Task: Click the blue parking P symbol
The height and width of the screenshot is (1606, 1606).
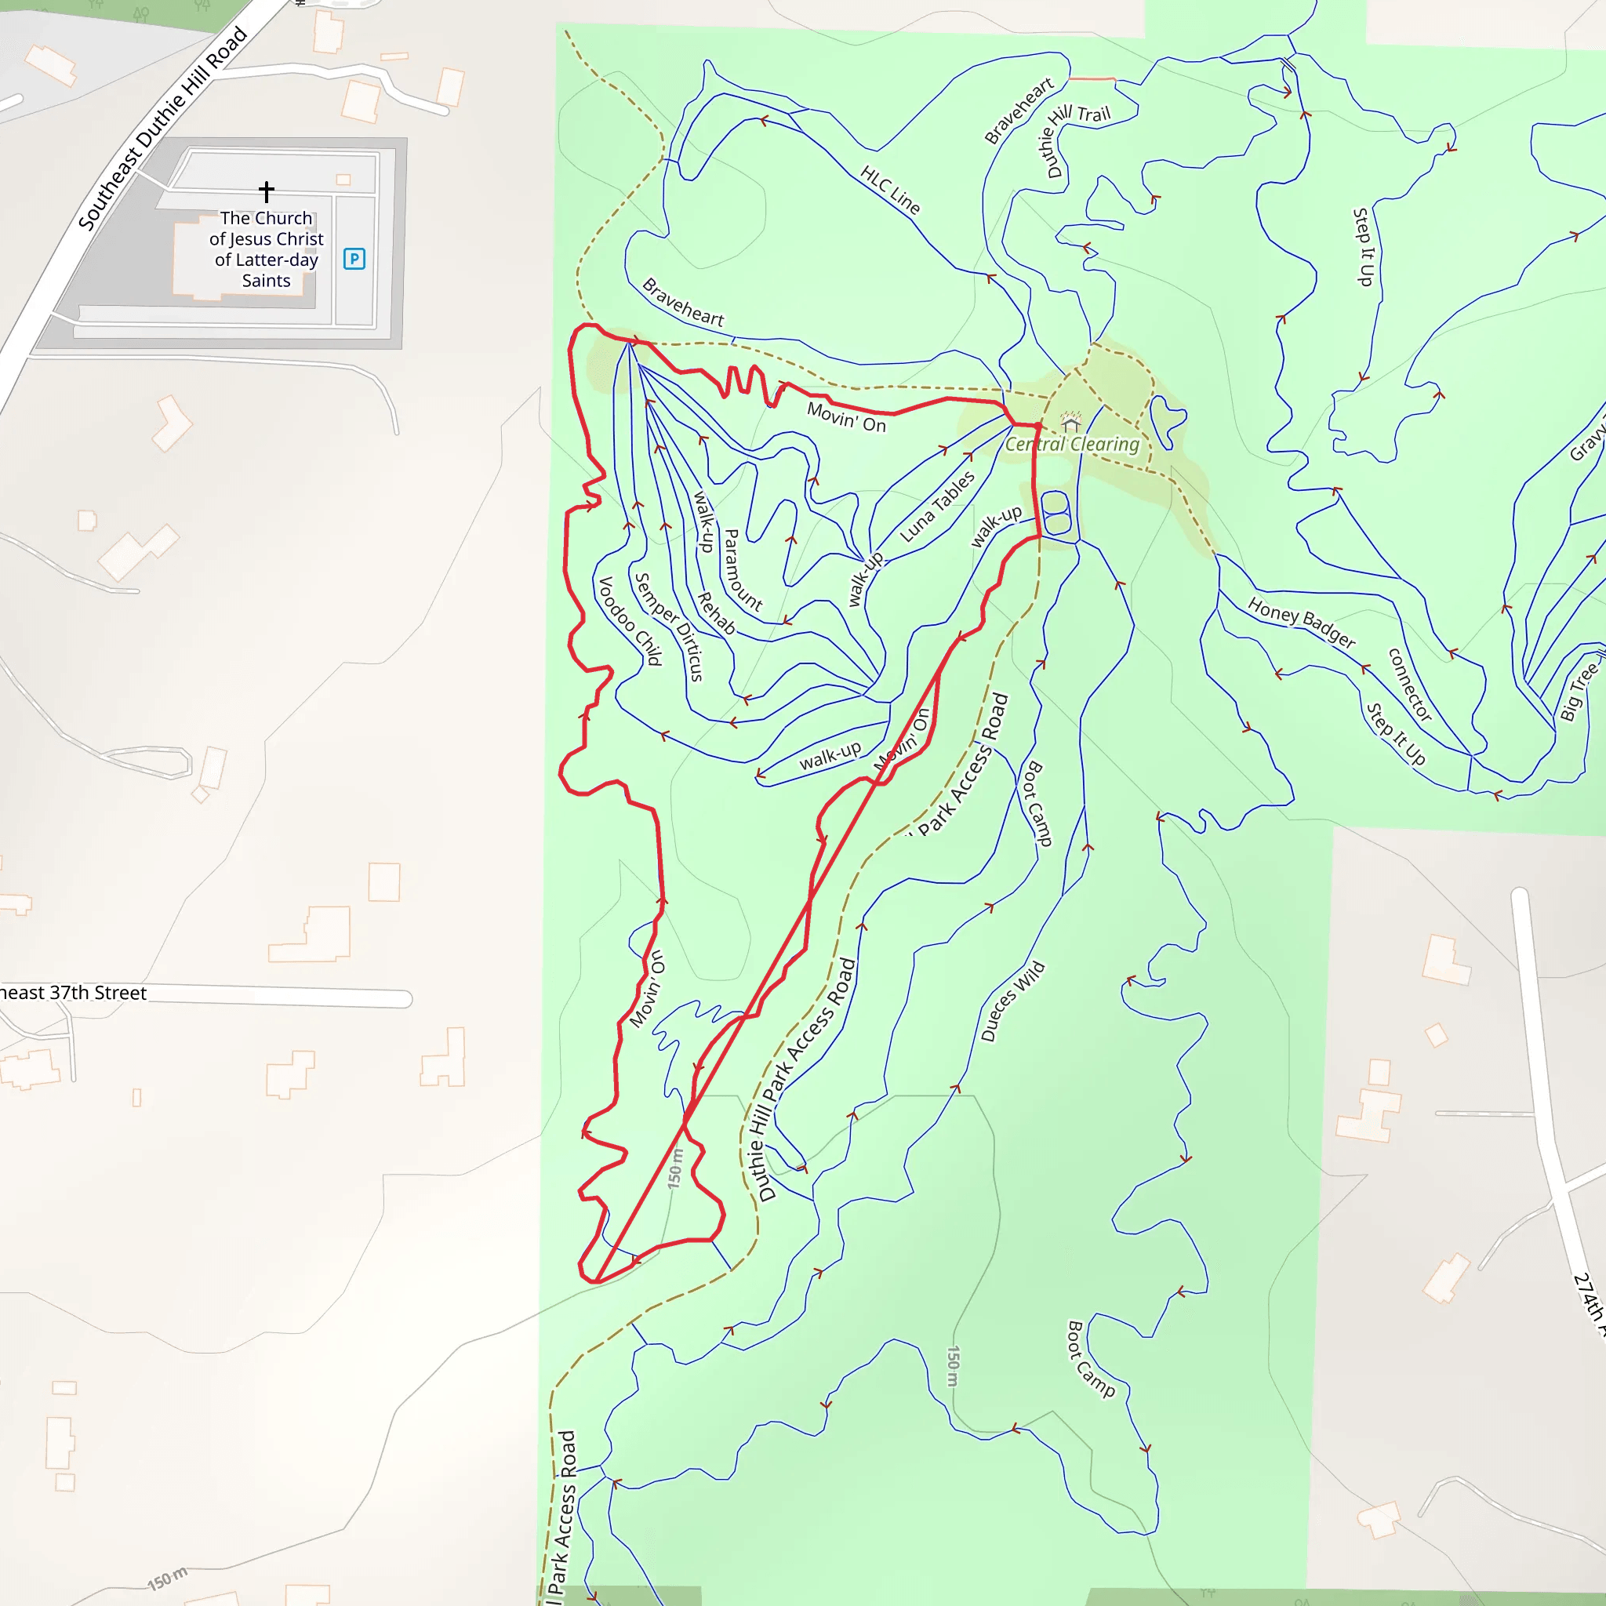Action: [x=354, y=259]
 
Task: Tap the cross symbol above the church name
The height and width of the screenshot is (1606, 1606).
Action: [x=266, y=191]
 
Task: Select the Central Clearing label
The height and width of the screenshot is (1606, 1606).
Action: [x=1071, y=444]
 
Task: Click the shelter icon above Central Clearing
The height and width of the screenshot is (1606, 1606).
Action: [x=1071, y=420]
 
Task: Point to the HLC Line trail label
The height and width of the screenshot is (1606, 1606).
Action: [x=890, y=191]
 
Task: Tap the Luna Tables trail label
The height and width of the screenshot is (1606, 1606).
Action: [x=938, y=507]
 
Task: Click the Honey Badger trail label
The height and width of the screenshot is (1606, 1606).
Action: [x=1301, y=623]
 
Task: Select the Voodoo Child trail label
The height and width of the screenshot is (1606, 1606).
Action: [x=631, y=621]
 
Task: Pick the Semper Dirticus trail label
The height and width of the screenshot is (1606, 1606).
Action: [x=669, y=626]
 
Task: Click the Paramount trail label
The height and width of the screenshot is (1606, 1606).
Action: [x=743, y=570]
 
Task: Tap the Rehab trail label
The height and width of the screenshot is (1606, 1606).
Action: [x=717, y=612]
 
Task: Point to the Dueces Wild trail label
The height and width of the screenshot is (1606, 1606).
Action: [x=1012, y=1001]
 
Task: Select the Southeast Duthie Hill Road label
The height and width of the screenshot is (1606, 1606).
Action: [x=162, y=128]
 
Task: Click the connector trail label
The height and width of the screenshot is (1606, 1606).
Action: [x=1410, y=685]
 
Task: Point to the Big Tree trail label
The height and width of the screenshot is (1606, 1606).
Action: [x=1579, y=689]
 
